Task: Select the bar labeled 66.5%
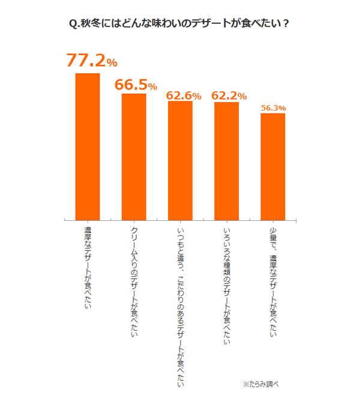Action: coord(134,156)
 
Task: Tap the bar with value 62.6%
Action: coord(180,160)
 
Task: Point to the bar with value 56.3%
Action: coord(272,166)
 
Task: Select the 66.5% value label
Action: coord(136,85)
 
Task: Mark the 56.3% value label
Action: coord(273,108)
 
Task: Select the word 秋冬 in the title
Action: coord(92,24)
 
